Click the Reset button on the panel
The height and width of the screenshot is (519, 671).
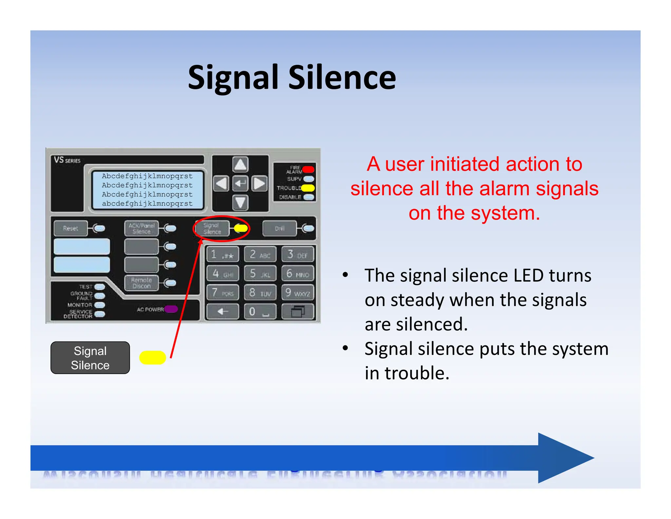tap(70, 228)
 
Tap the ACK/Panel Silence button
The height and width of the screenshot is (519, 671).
tap(142, 228)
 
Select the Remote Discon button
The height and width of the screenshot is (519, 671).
tap(142, 283)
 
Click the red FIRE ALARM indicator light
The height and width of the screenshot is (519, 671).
tap(308, 170)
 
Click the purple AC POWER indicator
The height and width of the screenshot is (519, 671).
tap(171, 309)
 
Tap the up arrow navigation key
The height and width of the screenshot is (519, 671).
tap(240, 164)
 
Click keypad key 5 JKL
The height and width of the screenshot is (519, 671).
tap(260, 274)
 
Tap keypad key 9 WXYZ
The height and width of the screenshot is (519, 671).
tap(297, 292)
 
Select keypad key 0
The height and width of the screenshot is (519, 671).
tap(260, 311)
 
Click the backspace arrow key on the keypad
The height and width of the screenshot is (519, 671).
tap(222, 311)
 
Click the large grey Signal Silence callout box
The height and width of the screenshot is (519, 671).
tap(90, 358)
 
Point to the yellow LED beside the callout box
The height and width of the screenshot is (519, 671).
tap(152, 358)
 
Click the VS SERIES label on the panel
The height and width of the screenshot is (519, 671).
tap(67, 160)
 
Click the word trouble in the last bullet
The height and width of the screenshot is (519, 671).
tap(417, 373)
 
